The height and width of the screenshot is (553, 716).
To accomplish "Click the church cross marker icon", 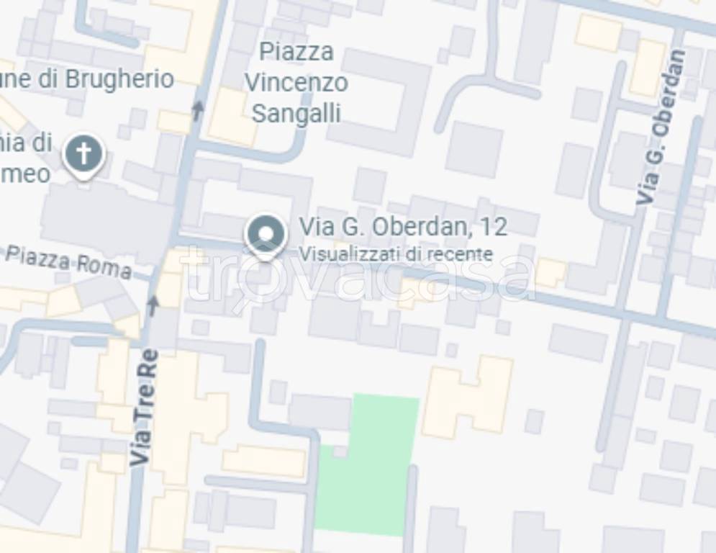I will (x=83, y=154).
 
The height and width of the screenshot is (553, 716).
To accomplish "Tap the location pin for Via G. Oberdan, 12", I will (x=266, y=235).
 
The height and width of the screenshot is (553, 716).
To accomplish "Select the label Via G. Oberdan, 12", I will (x=403, y=227).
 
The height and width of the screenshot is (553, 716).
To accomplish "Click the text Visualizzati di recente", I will (x=396, y=253).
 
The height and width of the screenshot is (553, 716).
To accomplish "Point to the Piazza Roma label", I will (x=69, y=261).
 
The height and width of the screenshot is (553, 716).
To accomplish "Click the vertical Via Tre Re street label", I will (x=144, y=407).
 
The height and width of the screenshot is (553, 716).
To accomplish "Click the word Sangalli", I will (x=296, y=114).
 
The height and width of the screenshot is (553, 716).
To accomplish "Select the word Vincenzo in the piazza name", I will (x=296, y=83).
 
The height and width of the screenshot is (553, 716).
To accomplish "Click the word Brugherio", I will (x=119, y=78).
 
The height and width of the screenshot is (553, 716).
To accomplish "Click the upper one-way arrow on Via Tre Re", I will (x=198, y=109).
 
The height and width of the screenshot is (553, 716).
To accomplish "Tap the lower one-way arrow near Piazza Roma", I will (x=153, y=304).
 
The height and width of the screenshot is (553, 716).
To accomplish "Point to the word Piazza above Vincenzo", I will (x=296, y=52).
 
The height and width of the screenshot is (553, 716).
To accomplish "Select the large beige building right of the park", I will (x=468, y=396).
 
